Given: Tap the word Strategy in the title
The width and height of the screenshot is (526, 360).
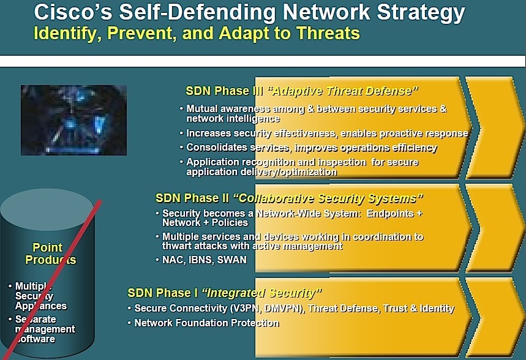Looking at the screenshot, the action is [x=421, y=13].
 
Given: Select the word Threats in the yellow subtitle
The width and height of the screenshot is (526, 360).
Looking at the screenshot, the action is [x=328, y=33].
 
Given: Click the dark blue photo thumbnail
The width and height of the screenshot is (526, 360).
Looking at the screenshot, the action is [x=74, y=120].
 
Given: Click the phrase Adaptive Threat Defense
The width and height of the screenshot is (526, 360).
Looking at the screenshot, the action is [x=342, y=91].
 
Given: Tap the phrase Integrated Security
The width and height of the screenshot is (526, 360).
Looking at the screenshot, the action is [x=261, y=293].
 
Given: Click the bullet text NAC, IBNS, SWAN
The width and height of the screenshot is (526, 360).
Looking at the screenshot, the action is [x=205, y=260].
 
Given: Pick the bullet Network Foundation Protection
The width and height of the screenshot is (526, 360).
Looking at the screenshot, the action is [x=206, y=323].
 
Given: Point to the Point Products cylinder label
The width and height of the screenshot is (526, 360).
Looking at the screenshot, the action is [x=50, y=253].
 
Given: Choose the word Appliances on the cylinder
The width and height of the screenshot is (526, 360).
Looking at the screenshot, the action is [x=41, y=306].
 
